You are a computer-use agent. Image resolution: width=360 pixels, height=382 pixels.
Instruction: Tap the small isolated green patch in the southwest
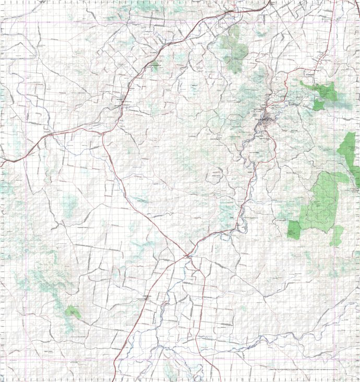(73, 312)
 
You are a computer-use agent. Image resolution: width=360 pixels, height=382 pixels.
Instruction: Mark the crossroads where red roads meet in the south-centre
(186, 256)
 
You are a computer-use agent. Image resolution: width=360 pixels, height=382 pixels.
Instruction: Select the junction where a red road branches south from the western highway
(103, 133)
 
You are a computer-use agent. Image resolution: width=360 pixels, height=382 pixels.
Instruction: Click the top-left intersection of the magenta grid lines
(27, 23)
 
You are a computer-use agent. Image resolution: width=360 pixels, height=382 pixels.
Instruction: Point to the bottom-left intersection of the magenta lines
(27, 360)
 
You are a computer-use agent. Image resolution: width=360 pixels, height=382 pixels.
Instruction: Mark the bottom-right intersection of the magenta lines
(349, 360)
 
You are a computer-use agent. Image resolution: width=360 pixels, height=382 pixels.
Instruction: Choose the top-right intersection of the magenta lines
(349, 23)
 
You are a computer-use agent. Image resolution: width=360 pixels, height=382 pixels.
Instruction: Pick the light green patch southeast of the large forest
(337, 235)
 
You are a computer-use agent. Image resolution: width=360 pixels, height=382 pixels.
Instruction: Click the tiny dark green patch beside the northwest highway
(155, 65)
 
